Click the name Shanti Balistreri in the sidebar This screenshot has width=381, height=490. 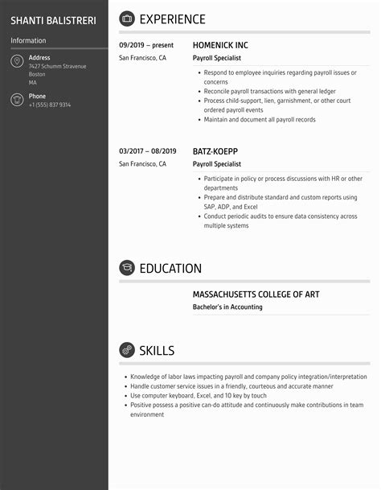click(53, 19)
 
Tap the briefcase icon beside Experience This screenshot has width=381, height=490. click(127, 19)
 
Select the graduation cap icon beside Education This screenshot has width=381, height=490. click(127, 268)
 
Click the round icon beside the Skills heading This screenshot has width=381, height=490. click(127, 350)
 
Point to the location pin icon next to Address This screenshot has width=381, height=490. click(17, 62)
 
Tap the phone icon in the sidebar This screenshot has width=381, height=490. click(17, 100)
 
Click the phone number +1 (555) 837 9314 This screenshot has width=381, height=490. click(50, 105)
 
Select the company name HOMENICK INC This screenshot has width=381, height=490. click(220, 46)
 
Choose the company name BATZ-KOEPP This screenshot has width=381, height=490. click(215, 151)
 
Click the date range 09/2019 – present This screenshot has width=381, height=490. click(145, 46)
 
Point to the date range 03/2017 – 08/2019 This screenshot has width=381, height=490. click(146, 151)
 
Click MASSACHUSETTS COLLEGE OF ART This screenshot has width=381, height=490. click(256, 294)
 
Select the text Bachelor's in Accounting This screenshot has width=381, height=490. click(227, 307)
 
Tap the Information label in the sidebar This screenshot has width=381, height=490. click(28, 40)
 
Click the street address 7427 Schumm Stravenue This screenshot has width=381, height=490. click(56, 66)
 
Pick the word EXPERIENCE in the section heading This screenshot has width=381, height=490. click(172, 19)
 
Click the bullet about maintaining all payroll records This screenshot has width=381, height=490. click(259, 120)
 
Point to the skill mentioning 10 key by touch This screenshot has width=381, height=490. click(198, 396)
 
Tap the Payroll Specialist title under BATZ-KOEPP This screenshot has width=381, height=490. click(217, 163)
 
